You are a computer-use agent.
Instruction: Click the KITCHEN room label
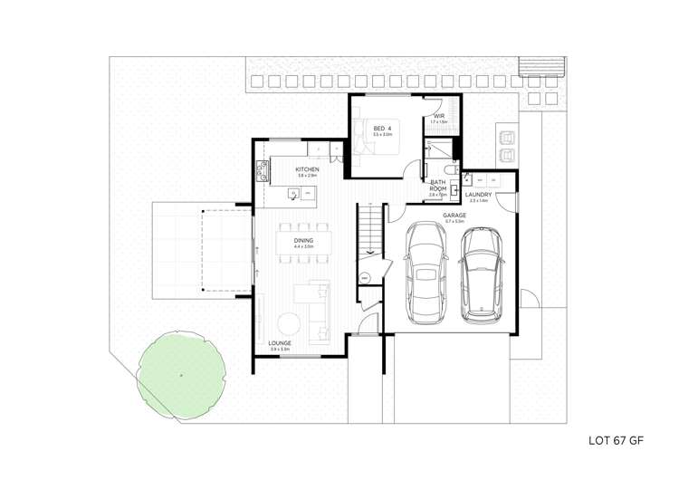[307, 169]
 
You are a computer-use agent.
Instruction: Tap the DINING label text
[303, 240]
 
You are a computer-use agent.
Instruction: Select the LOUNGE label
[280, 343]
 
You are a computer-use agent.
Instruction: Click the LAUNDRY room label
[478, 195]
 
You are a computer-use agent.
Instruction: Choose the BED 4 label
[383, 129]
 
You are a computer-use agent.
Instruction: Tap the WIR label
[438, 116]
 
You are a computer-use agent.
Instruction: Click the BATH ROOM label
[438, 185]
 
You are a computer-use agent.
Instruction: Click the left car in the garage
[426, 271]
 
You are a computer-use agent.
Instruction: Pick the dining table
[303, 243]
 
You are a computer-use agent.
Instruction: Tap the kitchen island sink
[293, 192]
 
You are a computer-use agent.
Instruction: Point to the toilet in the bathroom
[450, 170]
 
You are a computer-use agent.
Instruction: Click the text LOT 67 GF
[616, 444]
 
